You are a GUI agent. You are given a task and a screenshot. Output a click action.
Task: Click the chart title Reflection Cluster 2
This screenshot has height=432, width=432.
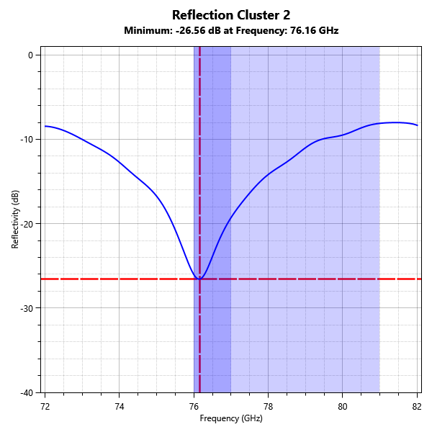230,15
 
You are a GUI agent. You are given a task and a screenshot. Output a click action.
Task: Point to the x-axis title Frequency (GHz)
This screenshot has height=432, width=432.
230,418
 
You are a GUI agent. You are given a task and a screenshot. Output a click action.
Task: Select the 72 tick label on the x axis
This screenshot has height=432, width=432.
45,405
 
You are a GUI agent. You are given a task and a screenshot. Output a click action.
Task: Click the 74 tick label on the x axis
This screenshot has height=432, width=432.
120,405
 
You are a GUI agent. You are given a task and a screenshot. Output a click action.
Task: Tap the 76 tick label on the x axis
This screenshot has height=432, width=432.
194,405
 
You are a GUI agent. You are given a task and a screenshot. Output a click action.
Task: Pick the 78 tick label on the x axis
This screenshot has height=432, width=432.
268,405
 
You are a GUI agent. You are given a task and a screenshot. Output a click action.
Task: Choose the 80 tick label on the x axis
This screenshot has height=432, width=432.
343,405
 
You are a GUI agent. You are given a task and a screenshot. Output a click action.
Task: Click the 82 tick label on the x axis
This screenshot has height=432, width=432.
417,405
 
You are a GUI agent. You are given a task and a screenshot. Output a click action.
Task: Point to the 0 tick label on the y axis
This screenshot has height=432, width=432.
30,55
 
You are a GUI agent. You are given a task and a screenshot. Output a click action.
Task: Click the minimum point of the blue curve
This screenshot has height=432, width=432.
199,279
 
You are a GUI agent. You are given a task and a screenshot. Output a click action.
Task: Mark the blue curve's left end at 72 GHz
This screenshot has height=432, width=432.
45,126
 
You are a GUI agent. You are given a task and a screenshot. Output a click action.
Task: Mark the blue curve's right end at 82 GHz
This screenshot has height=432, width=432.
418,125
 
